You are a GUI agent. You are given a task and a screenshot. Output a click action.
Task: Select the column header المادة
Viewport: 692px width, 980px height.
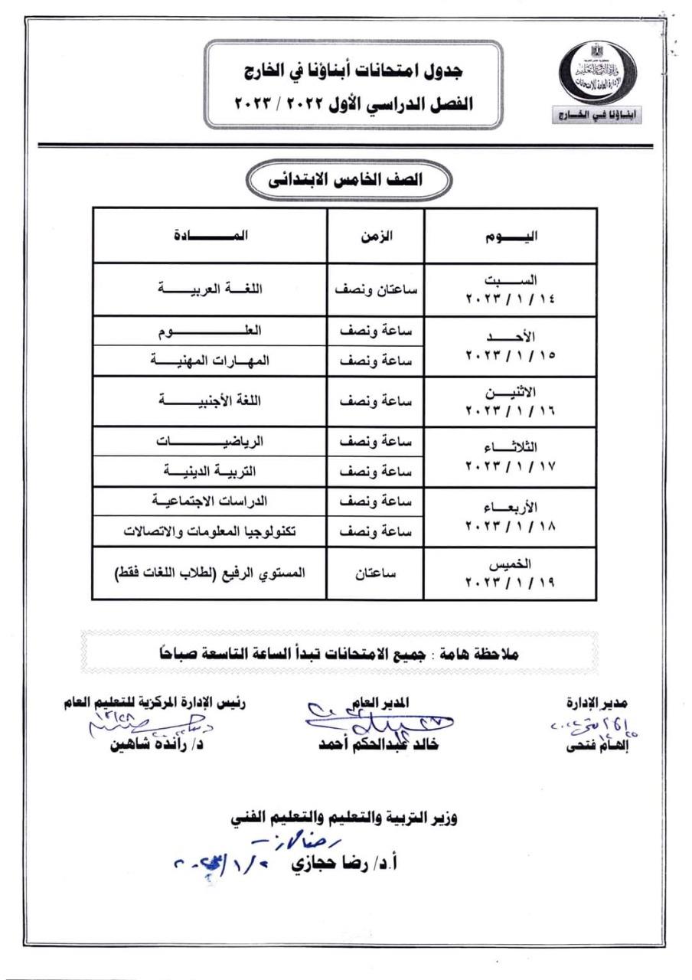(210, 235)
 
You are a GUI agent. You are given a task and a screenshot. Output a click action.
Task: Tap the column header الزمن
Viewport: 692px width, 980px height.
(376, 235)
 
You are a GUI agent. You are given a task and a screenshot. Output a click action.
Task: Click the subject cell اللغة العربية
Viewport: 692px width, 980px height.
(210, 289)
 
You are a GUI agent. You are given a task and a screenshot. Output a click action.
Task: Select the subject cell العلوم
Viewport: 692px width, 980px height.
(210, 331)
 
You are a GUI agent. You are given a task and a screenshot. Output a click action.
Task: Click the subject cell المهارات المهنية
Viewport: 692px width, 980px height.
(210, 361)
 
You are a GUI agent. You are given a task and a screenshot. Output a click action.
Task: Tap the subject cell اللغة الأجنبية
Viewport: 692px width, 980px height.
(210, 400)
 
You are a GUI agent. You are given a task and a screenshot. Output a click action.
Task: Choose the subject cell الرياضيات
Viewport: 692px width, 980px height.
(210, 442)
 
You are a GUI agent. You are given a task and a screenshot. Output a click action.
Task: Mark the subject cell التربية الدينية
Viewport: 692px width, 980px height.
(210, 471)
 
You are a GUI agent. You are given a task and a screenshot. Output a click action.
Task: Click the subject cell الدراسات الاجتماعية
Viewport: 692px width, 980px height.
(210, 501)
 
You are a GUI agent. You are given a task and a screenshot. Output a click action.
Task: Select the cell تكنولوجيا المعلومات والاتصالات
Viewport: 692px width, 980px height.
(210, 531)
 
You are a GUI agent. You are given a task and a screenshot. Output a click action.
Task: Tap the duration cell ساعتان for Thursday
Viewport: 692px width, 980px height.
(375, 572)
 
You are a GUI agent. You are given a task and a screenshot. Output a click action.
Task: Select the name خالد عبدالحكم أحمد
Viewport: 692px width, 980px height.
(378, 745)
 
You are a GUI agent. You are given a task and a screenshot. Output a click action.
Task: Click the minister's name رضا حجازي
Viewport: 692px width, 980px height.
(337, 864)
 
